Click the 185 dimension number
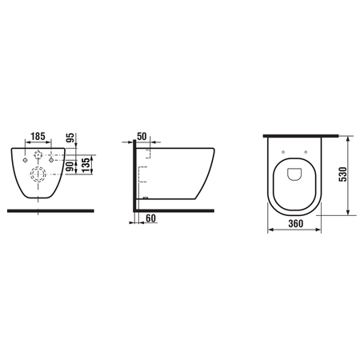tap(38, 136)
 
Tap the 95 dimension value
tap(70, 138)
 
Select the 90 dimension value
tap(70, 166)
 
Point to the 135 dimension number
tap(86, 166)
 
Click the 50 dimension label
tap(142, 136)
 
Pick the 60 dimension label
tap(150, 218)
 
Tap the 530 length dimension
tap(342, 174)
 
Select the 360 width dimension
tap(295, 223)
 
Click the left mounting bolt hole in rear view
tap(26, 160)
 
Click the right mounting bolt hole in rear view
tap(51, 160)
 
